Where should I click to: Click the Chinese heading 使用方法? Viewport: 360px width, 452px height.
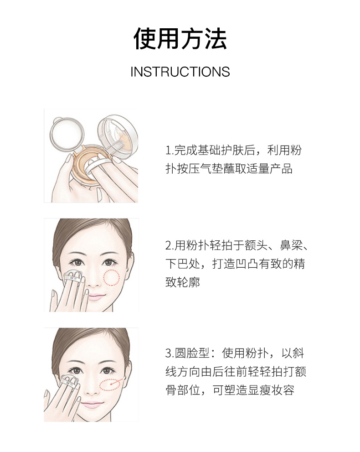[x=180, y=39]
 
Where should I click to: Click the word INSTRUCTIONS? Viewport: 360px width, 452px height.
[x=180, y=72]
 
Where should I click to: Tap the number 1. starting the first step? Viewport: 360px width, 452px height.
[x=170, y=151]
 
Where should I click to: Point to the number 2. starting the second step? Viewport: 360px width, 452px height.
[x=170, y=245]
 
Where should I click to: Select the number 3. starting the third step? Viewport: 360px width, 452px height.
[x=170, y=353]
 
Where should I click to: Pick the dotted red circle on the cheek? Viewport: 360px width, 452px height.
[x=112, y=278]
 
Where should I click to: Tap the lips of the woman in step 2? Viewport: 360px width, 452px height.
[x=95, y=297]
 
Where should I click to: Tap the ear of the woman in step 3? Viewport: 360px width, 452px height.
[x=128, y=372]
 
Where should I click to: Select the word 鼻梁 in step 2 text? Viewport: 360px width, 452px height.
[x=291, y=245]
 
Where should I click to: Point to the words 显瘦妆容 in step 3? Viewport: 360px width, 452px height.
[x=271, y=390]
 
